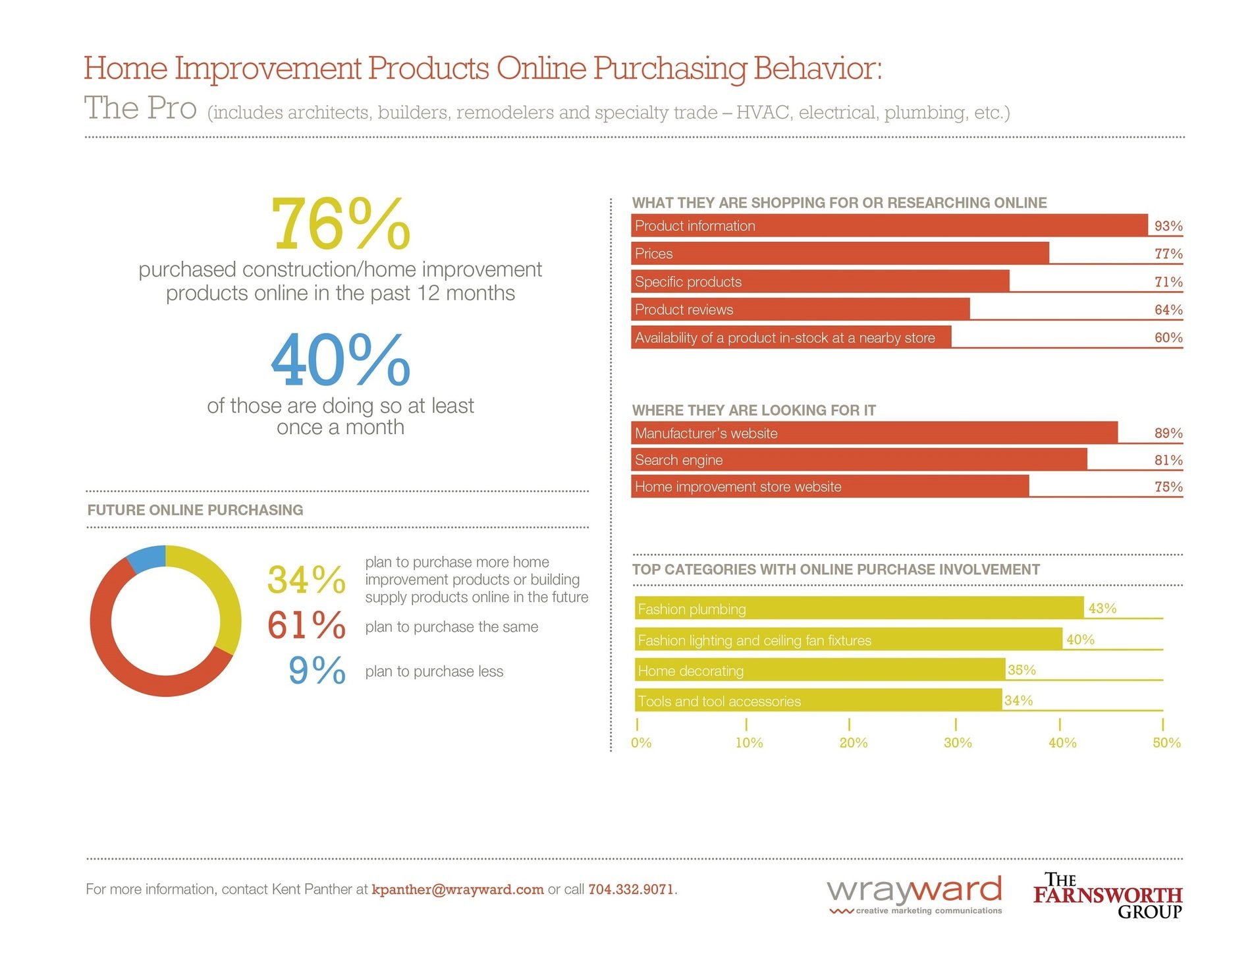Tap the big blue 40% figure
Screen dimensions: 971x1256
click(341, 360)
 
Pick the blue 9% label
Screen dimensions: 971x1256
click(317, 670)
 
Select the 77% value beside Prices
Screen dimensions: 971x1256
click(1168, 254)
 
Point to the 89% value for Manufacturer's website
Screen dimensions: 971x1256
click(1168, 433)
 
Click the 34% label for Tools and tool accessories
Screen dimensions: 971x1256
click(1018, 700)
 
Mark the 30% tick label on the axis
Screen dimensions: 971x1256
click(957, 742)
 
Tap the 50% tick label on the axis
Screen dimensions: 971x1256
click(1166, 742)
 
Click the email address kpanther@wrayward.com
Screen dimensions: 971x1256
click(457, 889)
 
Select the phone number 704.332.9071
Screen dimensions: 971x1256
click(630, 889)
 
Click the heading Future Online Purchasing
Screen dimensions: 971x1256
click(195, 510)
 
